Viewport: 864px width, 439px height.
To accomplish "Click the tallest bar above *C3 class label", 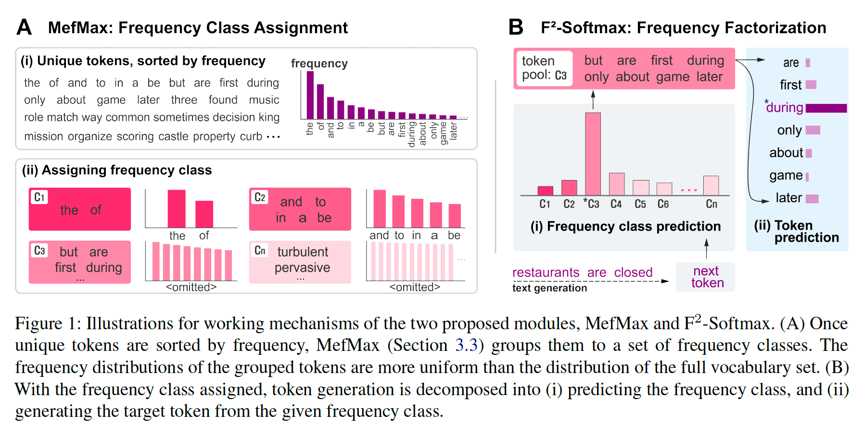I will pyautogui.click(x=593, y=154).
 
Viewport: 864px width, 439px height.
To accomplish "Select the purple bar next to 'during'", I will pyautogui.click(x=826, y=108).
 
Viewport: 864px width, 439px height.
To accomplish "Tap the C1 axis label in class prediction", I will pyautogui.click(x=545, y=204).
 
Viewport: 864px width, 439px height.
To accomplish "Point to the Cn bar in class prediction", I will pyautogui.click(x=711, y=185).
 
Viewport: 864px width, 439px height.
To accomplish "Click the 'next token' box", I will pyautogui.click(x=705, y=277).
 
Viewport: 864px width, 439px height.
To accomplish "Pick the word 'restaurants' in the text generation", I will pyautogui.click(x=546, y=272).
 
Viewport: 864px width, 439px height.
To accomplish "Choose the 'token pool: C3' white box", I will pyautogui.click(x=544, y=68).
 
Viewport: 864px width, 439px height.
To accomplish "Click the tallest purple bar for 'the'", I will pyautogui.click(x=310, y=95).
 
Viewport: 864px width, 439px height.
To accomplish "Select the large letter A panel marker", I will pyautogui.click(x=24, y=27).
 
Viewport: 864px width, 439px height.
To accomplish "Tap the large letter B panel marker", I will pyautogui.click(x=516, y=27).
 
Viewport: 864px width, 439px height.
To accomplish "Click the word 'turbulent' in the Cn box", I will pyautogui.click(x=303, y=252).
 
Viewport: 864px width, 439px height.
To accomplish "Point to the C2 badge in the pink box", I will pyautogui.click(x=260, y=197).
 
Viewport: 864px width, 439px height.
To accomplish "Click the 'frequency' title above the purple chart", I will pyautogui.click(x=319, y=64).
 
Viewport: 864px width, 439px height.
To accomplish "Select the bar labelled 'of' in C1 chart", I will pyautogui.click(x=204, y=214).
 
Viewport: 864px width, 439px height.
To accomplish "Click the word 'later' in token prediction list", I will pyautogui.click(x=788, y=198).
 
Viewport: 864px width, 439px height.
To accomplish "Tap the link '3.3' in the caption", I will pyautogui.click(x=467, y=345).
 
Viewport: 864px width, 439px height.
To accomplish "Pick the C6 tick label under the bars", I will pyautogui.click(x=663, y=204).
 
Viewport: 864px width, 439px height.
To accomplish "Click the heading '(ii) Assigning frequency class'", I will pyautogui.click(x=117, y=170).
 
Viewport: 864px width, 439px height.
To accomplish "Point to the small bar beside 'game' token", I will pyautogui.click(x=807, y=177).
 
